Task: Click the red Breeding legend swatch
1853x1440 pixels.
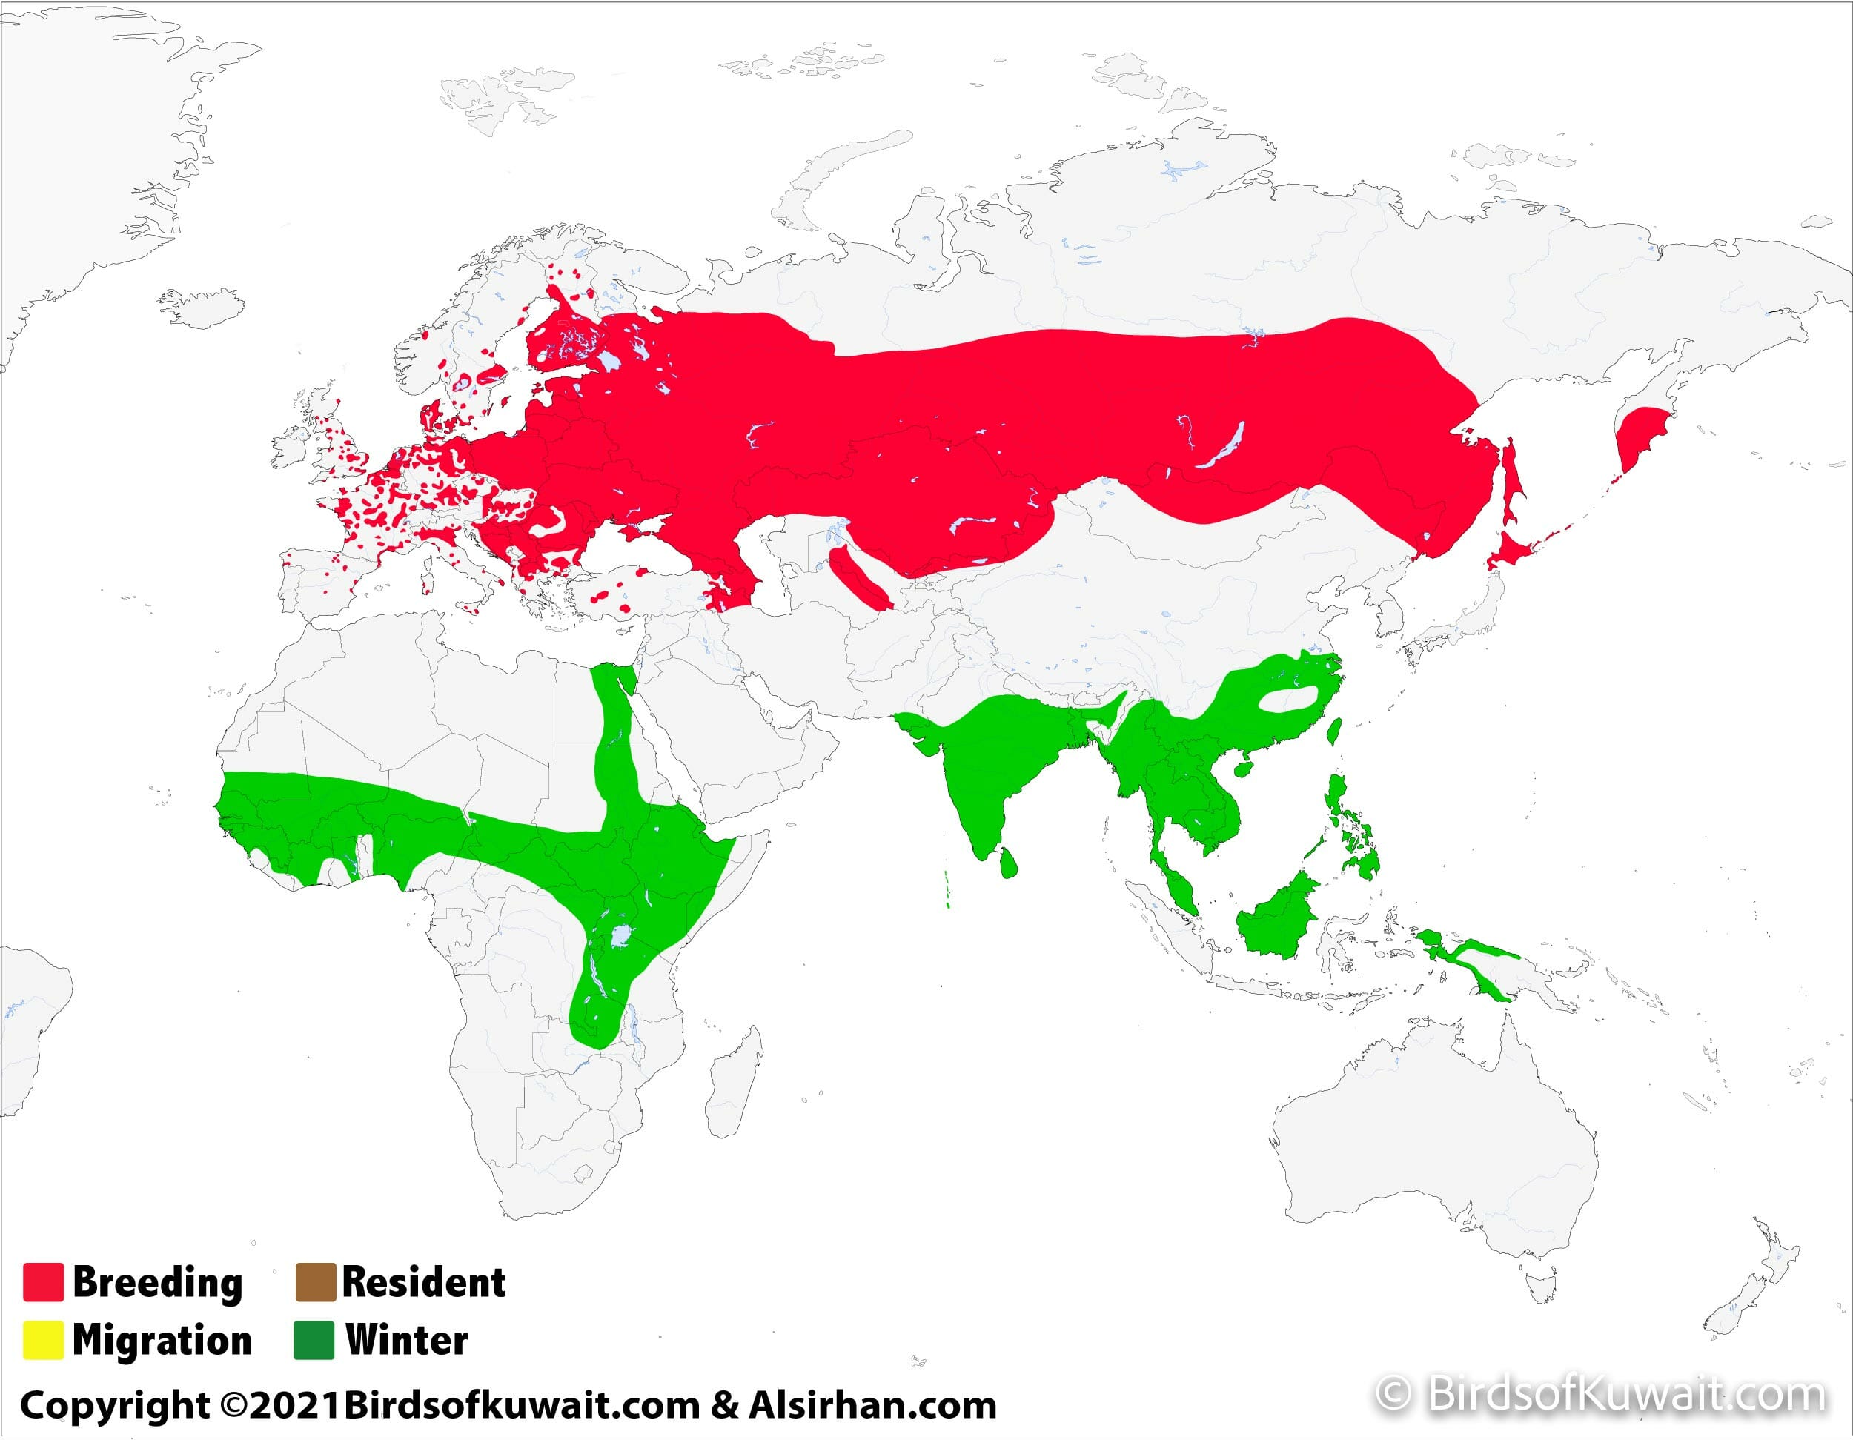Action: click(x=42, y=1282)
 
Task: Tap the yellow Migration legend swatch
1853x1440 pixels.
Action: click(x=42, y=1341)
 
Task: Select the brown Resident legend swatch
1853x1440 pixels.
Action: click(x=315, y=1282)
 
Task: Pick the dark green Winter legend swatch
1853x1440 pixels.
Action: click(x=314, y=1341)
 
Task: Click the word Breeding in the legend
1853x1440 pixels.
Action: click(x=158, y=1282)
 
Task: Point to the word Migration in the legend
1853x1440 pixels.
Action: click(x=162, y=1341)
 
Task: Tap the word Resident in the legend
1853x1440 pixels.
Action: click(x=423, y=1282)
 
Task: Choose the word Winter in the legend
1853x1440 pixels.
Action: click(x=406, y=1341)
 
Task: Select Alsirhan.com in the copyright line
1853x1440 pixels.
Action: click(x=872, y=1405)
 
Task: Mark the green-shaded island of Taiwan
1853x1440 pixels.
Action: click(x=1333, y=731)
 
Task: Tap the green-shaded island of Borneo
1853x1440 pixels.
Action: click(x=1276, y=920)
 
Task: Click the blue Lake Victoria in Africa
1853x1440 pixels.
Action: click(x=621, y=937)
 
